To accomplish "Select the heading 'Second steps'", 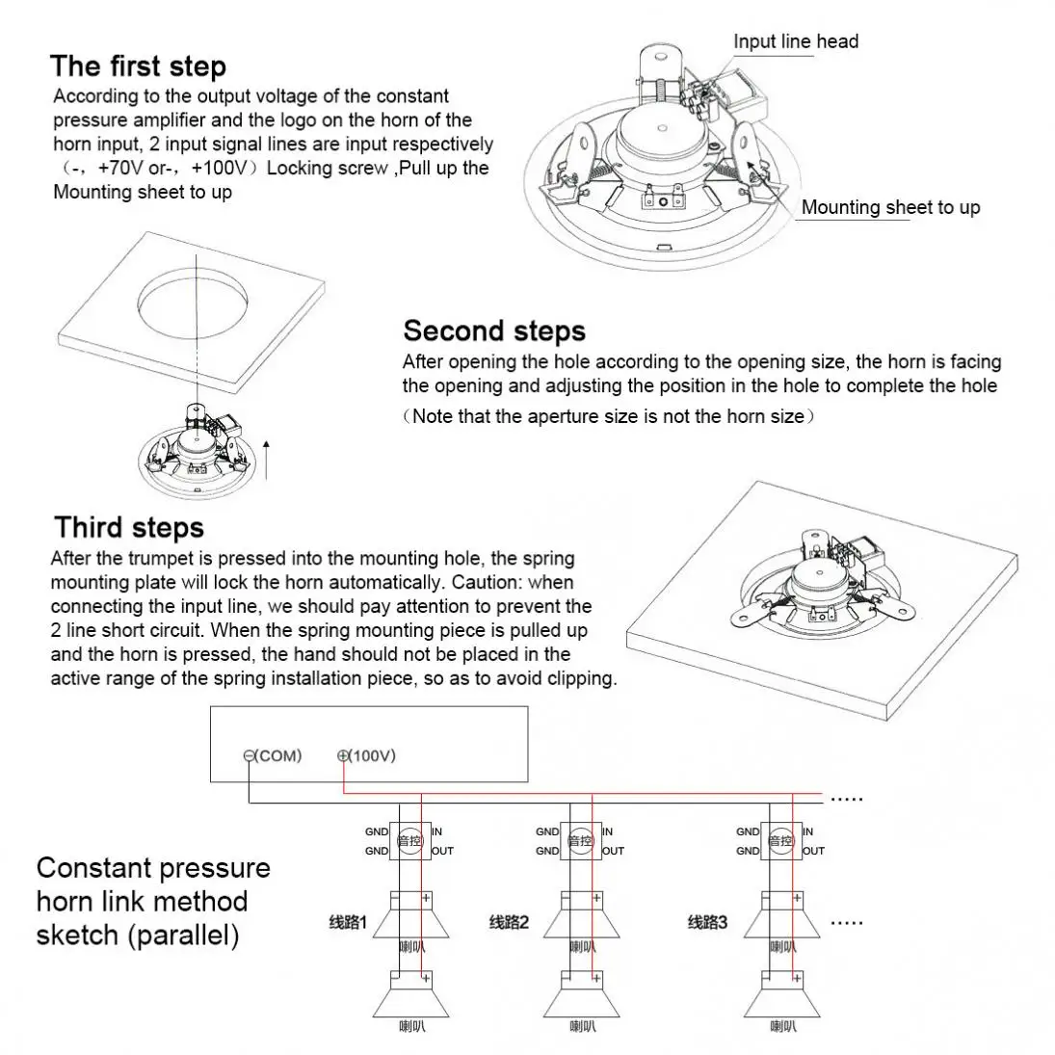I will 493,330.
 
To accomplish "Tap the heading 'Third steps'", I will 129,527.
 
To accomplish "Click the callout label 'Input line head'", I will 795,41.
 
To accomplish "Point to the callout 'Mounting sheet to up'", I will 890,207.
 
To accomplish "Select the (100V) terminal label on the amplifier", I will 367,755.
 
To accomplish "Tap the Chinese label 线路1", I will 348,922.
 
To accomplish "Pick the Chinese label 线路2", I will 510,922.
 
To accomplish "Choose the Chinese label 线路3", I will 708,922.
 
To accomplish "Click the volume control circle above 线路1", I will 411,841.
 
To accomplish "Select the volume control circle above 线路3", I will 779,841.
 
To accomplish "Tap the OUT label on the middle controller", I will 614,851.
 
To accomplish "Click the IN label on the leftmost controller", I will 436,831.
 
